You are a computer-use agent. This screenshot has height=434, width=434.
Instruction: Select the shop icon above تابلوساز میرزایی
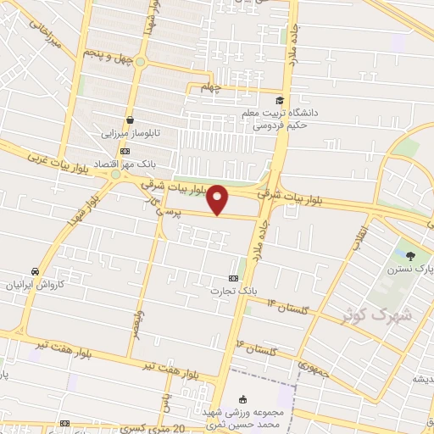coord(130,120)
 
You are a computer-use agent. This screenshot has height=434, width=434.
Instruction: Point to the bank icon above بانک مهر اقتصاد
coord(125,150)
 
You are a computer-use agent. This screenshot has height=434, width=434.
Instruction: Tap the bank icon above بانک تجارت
coord(234,278)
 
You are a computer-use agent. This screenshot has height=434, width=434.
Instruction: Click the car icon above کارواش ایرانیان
coord(35,271)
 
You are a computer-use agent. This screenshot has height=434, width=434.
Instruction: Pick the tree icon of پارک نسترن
coord(411,255)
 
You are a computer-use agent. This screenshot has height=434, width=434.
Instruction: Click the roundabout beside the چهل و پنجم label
coord(140,62)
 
